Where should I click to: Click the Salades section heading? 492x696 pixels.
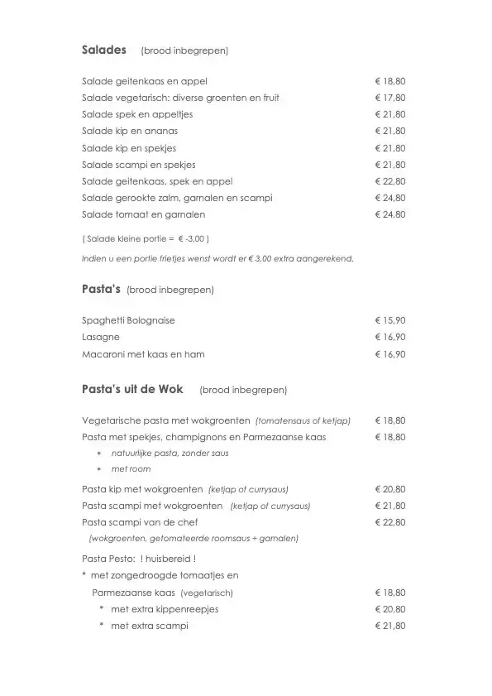(x=104, y=50)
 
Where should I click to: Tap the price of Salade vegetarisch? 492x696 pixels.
(x=390, y=98)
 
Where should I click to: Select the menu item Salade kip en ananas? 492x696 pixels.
(x=130, y=131)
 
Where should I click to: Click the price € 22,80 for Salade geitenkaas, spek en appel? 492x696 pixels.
(x=390, y=181)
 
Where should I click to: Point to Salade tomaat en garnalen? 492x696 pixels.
(x=144, y=214)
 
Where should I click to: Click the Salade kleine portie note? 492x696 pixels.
(x=146, y=238)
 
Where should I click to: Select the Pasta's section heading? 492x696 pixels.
(x=102, y=289)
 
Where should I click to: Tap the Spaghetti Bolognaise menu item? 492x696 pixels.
(x=128, y=320)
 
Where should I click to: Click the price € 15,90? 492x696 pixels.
(x=390, y=320)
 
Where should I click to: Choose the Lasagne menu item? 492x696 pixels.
(x=101, y=337)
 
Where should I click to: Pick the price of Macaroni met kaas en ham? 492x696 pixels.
(x=390, y=354)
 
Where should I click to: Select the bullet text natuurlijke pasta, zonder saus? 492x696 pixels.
(x=170, y=453)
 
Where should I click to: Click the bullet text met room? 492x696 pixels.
(x=131, y=469)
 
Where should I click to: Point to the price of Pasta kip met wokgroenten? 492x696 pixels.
(x=390, y=489)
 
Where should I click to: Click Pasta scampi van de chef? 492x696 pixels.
(x=140, y=522)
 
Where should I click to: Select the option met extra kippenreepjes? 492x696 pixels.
(x=164, y=609)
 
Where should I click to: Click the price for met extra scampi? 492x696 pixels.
(x=390, y=626)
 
